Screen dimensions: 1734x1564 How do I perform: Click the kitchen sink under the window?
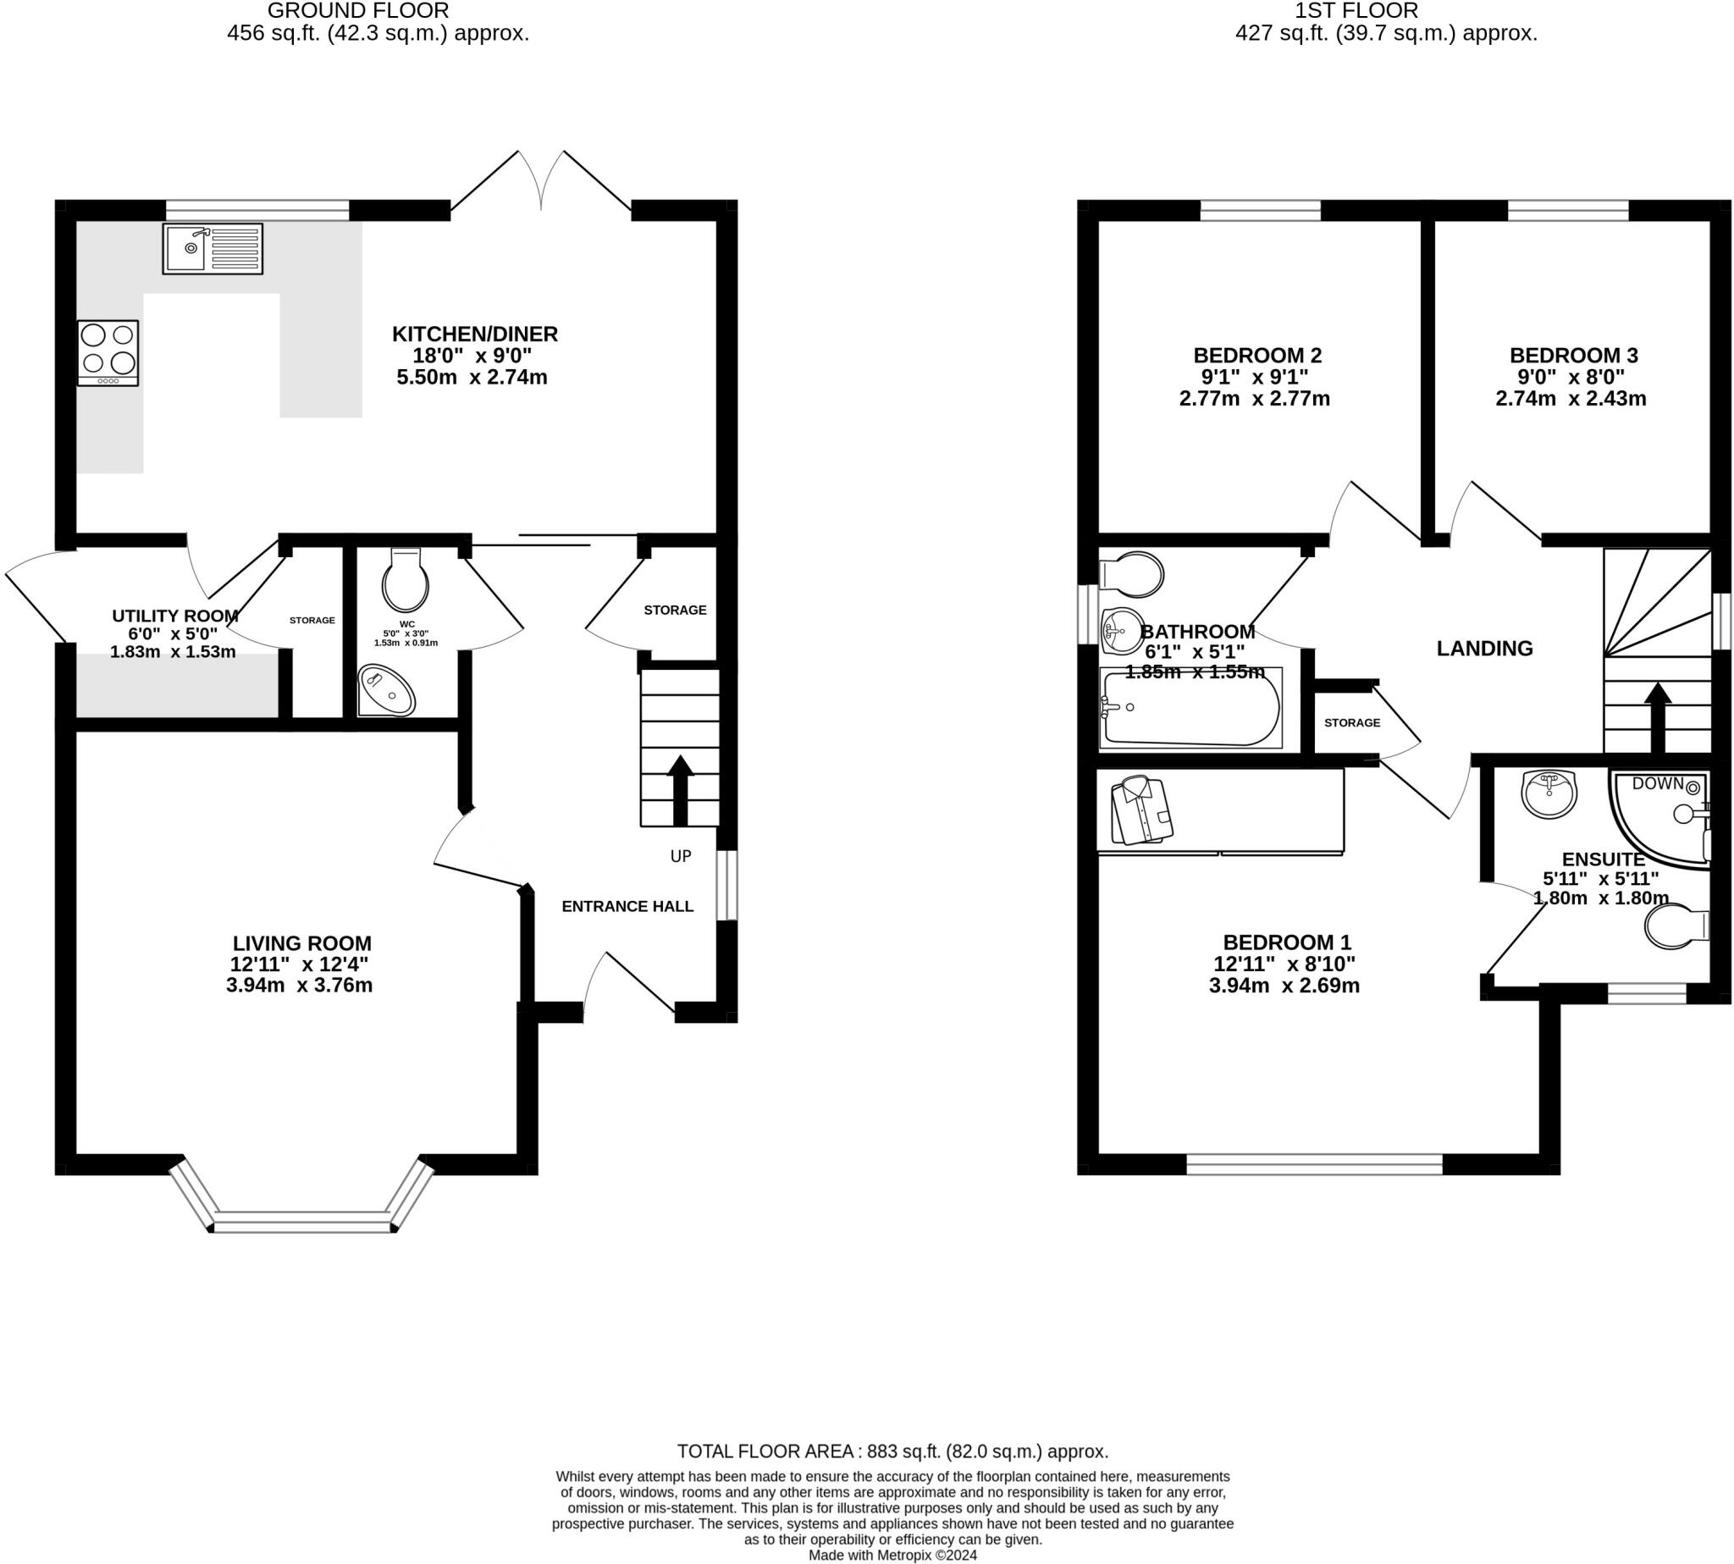click(213, 248)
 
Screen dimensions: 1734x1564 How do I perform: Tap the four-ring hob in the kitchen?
click(108, 352)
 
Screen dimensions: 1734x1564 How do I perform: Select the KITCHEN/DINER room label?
click(474, 334)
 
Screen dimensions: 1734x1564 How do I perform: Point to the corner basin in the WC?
click(387, 689)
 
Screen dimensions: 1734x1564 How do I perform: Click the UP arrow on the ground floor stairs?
click(680, 790)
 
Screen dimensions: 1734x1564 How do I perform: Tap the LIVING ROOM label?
click(302, 942)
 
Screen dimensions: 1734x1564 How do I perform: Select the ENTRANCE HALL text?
click(627, 906)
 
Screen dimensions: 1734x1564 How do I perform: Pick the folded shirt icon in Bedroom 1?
click(1142, 810)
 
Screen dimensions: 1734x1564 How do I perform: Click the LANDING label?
click(1484, 648)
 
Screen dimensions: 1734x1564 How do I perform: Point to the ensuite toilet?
click(1676, 926)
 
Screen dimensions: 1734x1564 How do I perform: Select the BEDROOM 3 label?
click(1573, 355)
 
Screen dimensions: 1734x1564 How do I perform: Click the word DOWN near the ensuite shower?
click(1658, 783)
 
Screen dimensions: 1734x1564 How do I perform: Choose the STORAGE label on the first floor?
click(1351, 722)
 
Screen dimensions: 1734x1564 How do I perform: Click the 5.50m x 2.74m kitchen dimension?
click(472, 378)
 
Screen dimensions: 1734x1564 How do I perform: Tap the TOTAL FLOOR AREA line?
click(892, 1451)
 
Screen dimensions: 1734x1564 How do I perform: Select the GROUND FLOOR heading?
click(358, 10)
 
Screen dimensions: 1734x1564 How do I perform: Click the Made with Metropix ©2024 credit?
click(892, 1555)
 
